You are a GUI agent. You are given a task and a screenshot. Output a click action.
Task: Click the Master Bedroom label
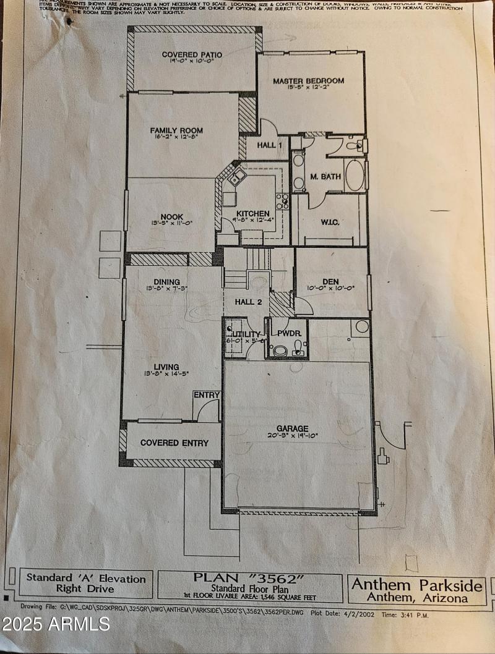pos(308,81)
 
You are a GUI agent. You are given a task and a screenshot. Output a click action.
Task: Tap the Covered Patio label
pos(192,55)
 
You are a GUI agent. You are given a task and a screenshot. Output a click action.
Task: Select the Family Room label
pos(176,131)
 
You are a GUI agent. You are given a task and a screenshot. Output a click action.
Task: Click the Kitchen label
pos(252,214)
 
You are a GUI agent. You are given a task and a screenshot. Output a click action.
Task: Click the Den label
pos(330,281)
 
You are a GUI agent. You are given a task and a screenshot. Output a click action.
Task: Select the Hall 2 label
pos(246,302)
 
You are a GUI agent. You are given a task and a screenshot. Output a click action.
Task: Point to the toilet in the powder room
pos(280,350)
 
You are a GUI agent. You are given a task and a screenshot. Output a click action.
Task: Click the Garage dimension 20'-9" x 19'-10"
pos(292,436)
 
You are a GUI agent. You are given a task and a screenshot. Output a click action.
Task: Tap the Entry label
pos(205,395)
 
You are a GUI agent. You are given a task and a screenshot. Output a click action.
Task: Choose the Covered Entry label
pos(174,443)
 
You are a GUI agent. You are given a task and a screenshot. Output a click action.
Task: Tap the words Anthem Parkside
pos(416,585)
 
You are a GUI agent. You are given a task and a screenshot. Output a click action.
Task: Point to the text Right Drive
pos(85,590)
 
